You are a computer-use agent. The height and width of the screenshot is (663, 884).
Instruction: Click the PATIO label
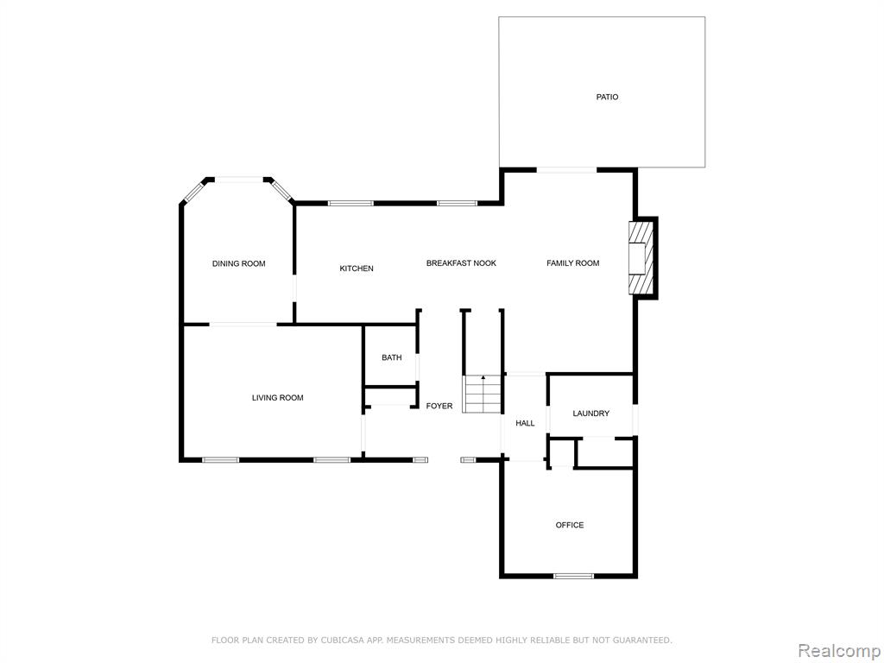[607, 97]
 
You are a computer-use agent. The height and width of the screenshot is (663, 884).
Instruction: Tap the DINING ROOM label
[238, 263]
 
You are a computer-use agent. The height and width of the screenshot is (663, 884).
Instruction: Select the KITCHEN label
[357, 268]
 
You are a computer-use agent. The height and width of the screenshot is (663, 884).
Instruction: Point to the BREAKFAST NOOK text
[461, 262]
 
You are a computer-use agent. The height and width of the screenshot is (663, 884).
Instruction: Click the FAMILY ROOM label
[573, 262]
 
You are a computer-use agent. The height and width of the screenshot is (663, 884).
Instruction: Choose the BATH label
[392, 357]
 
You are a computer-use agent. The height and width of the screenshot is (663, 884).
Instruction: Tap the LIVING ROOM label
[277, 397]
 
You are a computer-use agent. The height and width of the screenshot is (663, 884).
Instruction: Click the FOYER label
[439, 406]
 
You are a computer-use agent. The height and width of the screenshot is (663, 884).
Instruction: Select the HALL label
[526, 423]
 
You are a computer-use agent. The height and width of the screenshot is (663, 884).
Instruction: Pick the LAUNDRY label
[590, 414]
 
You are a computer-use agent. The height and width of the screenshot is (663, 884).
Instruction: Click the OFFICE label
[570, 525]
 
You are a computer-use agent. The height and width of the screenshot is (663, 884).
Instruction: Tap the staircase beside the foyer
[483, 394]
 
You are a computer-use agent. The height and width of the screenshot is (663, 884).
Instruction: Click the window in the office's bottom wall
[573, 576]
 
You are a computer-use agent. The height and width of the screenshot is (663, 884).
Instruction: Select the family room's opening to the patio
[566, 170]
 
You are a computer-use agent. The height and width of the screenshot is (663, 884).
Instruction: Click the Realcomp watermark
[838, 650]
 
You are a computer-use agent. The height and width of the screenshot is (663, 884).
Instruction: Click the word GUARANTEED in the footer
[642, 640]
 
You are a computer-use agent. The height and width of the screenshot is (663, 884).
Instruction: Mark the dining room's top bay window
[239, 180]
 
